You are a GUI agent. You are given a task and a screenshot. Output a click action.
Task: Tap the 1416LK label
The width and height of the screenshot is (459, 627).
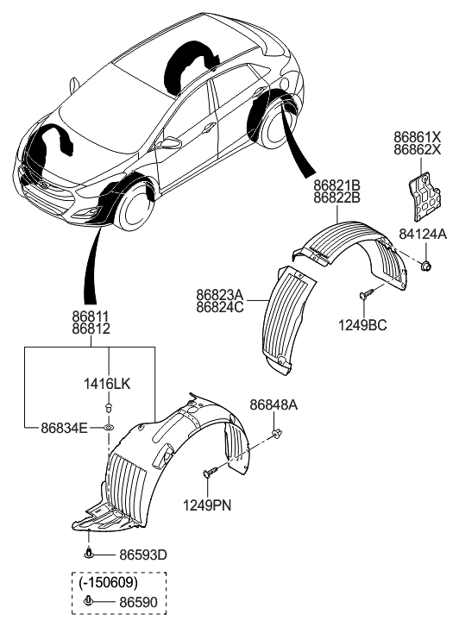click(x=109, y=381)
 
